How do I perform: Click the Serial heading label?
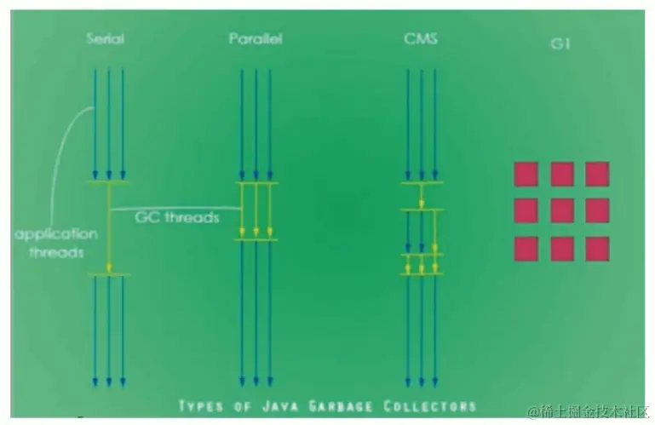click(107, 38)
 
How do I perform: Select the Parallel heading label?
click(256, 38)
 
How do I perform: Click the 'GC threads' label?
click(177, 217)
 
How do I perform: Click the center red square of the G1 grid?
click(561, 210)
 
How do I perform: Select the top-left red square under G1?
click(526, 174)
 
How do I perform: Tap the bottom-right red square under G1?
click(597, 249)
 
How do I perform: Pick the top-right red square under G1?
click(597, 174)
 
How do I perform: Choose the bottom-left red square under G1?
click(526, 249)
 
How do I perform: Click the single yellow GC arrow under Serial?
click(108, 228)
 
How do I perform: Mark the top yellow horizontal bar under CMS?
click(422, 182)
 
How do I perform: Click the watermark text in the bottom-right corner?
click(588, 412)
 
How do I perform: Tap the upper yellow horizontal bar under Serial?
click(108, 182)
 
